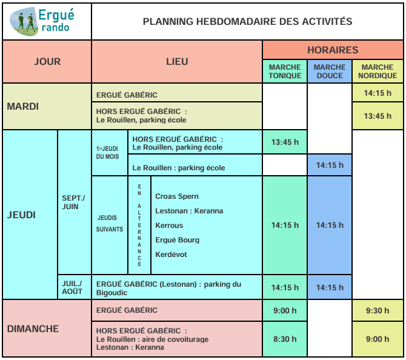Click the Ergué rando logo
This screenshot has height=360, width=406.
point(46,21)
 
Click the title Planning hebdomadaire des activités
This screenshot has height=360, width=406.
point(247,21)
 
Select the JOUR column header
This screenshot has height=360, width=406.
point(47,62)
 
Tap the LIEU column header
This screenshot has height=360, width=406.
point(177,62)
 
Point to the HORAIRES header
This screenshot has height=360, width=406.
point(333,50)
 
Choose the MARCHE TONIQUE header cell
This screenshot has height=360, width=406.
point(285,72)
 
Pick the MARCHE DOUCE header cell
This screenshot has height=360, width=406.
point(330,72)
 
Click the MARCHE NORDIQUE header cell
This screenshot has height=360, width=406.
point(378,72)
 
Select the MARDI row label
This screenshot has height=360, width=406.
point(23,107)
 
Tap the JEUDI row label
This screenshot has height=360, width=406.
point(21,215)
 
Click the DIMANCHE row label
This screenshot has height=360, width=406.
point(33,328)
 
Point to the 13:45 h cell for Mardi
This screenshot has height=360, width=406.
point(378,116)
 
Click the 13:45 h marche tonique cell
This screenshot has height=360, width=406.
point(285,142)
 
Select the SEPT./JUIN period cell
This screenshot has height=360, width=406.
point(74,202)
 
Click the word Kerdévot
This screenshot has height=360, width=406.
point(171,255)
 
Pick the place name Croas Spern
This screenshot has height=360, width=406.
point(177,196)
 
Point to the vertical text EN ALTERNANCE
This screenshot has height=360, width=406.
point(139,225)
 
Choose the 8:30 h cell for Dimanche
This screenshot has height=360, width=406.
point(285,339)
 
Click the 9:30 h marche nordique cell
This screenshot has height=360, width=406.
point(378,310)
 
